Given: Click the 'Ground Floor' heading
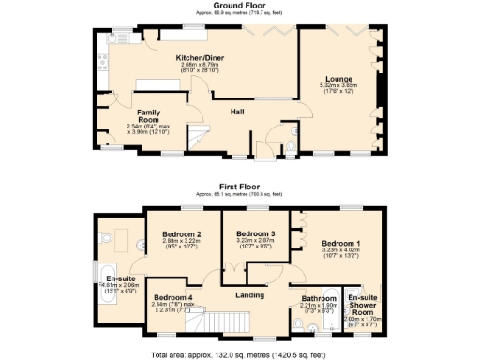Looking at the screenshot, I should tap(239, 6).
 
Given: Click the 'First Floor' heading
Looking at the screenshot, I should tap(239, 187).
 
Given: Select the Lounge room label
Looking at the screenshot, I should tap(339, 78).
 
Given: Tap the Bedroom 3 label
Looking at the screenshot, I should tap(255, 233).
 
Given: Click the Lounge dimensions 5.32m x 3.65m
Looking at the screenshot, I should tap(339, 85).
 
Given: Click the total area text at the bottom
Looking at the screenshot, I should tap(239, 354).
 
